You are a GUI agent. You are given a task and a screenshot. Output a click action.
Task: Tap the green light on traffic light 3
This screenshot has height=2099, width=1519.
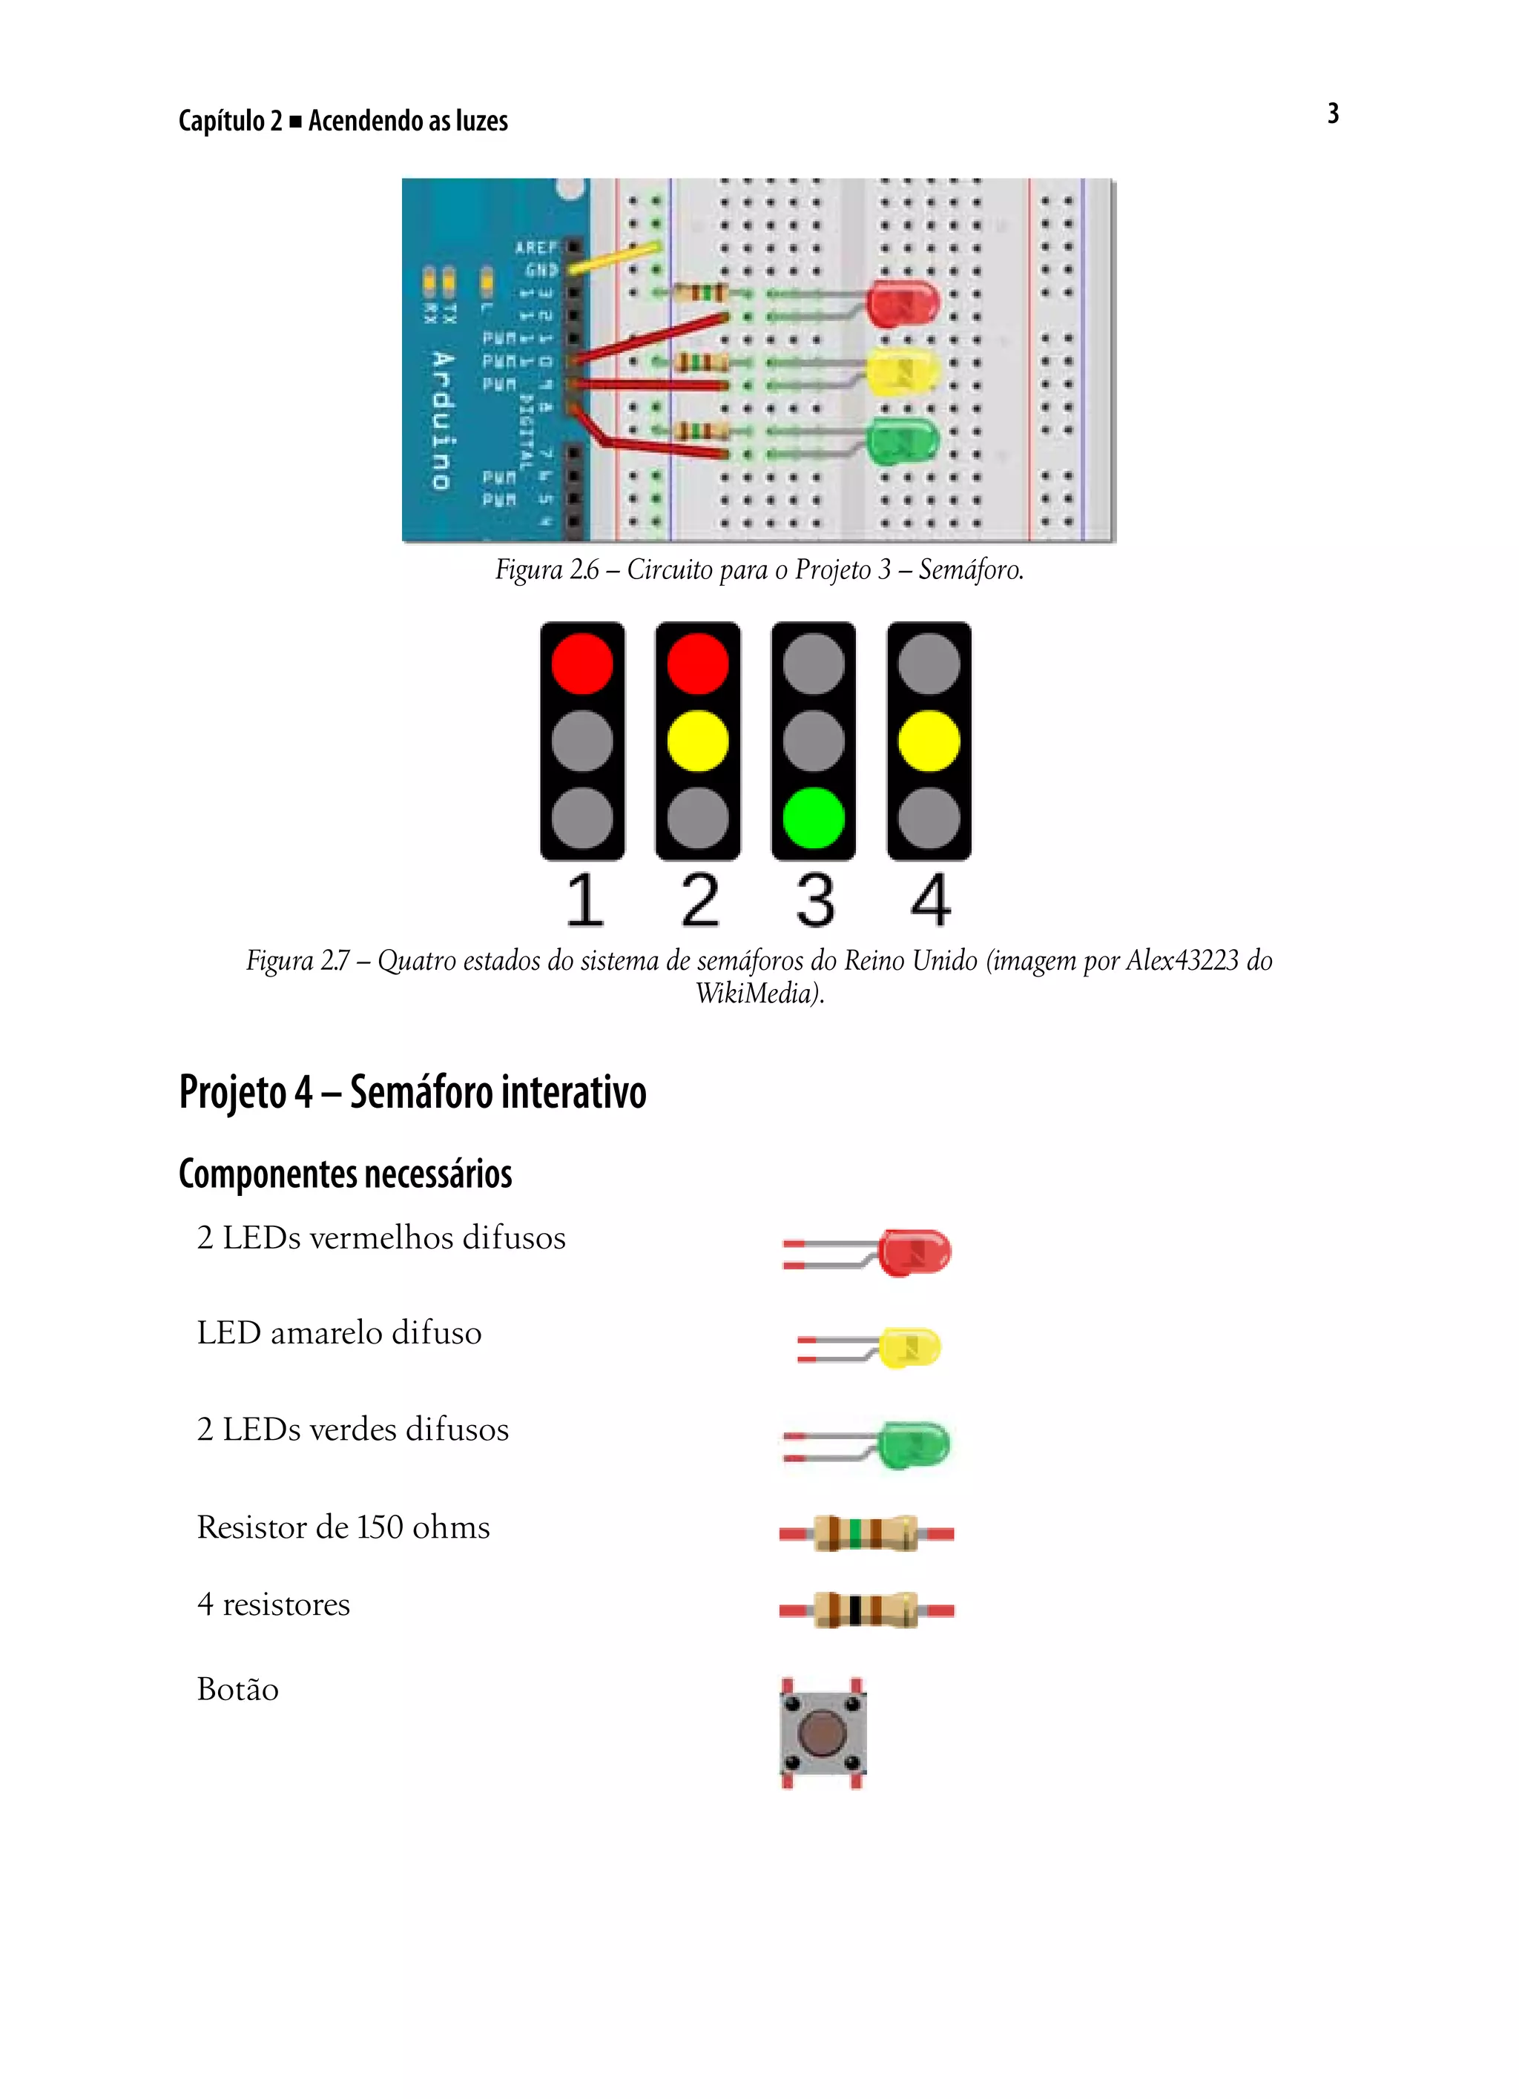(813, 818)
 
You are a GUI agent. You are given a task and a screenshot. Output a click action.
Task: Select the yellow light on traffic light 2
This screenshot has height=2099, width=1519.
(697, 741)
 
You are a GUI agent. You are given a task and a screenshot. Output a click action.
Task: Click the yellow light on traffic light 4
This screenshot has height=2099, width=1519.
(929, 741)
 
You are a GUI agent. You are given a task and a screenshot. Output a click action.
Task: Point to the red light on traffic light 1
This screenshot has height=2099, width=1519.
(581, 664)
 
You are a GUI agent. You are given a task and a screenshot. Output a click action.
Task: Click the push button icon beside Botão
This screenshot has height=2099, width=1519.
(822, 1733)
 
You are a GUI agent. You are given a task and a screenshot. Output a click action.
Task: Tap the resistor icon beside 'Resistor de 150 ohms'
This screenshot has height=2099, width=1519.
(866, 1533)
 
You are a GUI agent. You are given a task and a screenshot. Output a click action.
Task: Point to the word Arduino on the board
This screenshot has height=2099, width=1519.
(443, 421)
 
